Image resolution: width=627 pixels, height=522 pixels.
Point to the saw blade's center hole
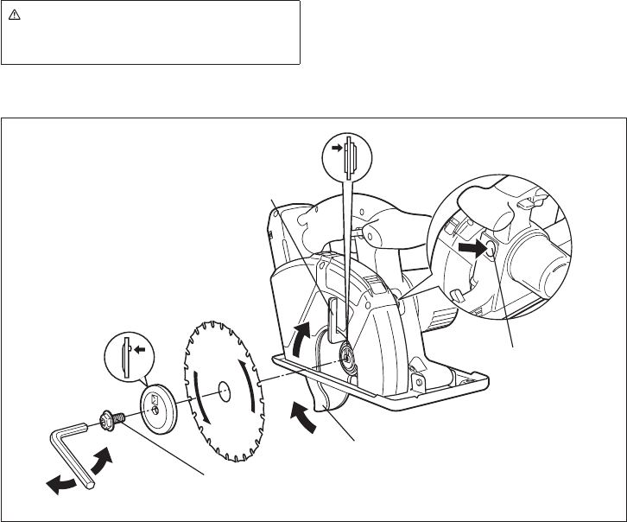tap(222, 390)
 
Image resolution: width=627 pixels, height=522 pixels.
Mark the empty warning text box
tap(150, 33)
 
